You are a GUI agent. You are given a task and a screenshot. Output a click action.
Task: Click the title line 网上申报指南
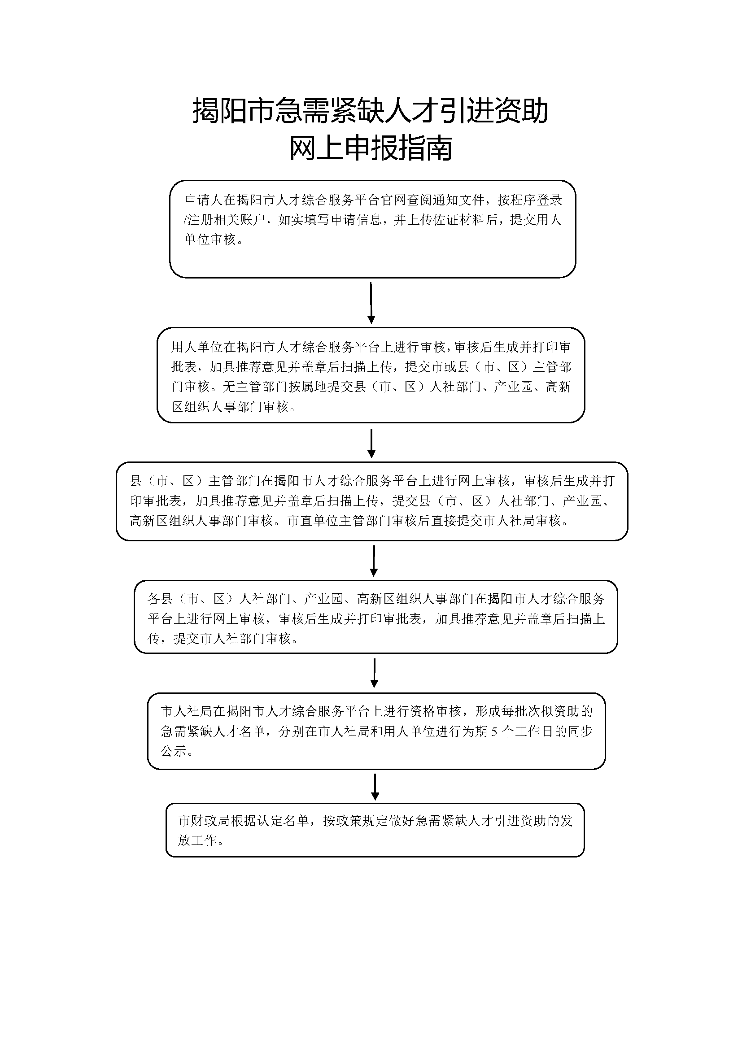coord(371,148)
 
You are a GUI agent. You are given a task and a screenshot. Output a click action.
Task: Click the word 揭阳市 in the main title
coord(233,111)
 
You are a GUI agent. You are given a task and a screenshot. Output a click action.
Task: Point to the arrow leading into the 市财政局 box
coord(375,787)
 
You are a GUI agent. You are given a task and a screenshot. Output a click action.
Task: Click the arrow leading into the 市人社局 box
coord(374,673)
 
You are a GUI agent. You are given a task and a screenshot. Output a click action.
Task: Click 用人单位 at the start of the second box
coord(197,347)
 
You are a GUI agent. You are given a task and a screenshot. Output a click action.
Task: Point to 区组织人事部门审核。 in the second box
coord(233,407)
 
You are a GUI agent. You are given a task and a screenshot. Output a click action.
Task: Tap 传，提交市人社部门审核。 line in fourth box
coord(223,639)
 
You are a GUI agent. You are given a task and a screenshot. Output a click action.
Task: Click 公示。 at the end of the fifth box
coord(177,751)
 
